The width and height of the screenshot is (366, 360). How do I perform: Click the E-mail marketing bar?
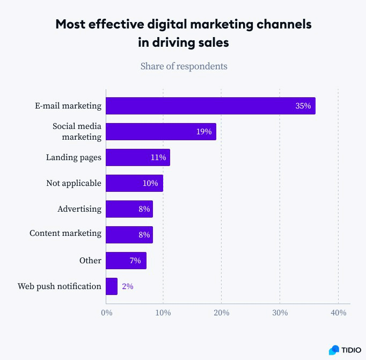(210, 106)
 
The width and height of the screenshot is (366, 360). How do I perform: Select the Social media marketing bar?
(161, 132)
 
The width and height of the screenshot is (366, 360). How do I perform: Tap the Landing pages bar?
(137, 157)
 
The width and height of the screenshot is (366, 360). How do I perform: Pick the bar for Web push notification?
(112, 286)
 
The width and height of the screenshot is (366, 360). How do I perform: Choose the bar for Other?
(126, 261)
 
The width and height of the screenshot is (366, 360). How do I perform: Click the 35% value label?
(303, 106)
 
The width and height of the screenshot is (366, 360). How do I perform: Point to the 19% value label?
(203, 132)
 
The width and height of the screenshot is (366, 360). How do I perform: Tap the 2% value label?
(127, 286)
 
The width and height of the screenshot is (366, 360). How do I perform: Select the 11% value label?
(158, 157)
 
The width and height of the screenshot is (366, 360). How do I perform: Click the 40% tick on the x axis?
(338, 313)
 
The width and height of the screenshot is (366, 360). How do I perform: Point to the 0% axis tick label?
(106, 313)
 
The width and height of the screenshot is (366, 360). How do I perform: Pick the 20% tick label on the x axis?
(222, 313)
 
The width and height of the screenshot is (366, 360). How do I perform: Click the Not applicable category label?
(74, 183)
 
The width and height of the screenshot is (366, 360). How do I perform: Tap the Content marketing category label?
(65, 233)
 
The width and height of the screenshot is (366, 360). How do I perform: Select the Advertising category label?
(79, 208)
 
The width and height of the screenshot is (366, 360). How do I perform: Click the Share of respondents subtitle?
(184, 66)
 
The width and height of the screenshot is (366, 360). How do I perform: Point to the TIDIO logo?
(341, 350)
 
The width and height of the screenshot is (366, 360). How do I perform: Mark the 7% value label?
(135, 261)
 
